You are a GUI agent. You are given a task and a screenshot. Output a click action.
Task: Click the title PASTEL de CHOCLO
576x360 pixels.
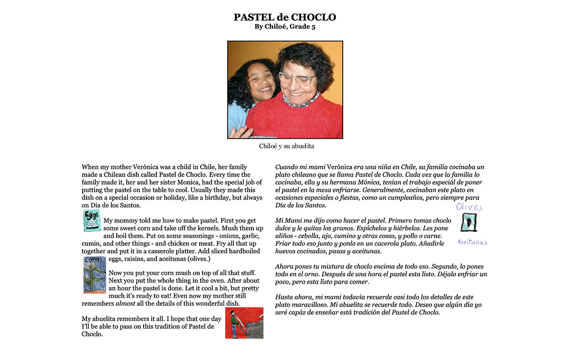285,17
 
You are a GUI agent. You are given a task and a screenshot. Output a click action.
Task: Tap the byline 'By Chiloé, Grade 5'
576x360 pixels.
285,27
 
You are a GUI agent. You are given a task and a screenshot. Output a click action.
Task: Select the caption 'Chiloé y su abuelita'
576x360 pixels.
286,146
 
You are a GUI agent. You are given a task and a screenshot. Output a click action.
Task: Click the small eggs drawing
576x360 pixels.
92,220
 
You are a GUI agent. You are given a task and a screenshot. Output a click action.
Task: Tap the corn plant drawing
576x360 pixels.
94,275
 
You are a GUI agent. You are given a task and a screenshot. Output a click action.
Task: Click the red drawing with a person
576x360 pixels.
244,323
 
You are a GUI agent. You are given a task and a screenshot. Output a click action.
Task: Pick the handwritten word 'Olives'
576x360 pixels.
469,207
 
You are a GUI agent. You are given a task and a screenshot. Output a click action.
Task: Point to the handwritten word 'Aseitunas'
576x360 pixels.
472,242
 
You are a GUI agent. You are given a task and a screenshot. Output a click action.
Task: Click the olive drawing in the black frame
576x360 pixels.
469,223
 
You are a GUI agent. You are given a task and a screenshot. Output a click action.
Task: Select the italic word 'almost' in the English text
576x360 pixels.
125,303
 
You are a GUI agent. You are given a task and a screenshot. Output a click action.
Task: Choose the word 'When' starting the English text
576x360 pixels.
90,167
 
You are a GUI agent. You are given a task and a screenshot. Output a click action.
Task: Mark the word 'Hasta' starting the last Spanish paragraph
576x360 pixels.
285,297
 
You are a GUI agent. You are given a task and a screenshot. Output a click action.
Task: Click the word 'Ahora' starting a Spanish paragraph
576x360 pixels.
285,266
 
